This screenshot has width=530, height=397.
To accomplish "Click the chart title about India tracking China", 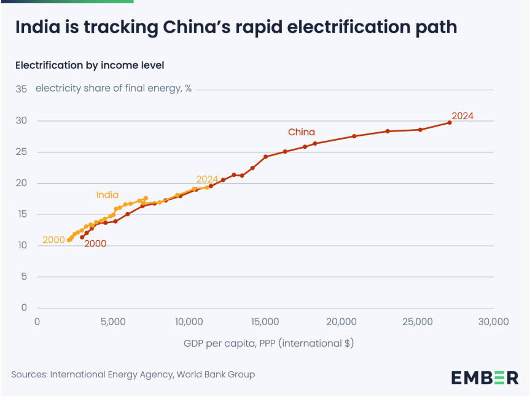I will pos(236,28).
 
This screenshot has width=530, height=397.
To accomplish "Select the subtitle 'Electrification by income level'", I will pos(90,65).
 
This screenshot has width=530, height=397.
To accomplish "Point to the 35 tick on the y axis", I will pos(21,89).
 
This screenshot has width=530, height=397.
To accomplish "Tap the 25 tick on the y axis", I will pos(21,152).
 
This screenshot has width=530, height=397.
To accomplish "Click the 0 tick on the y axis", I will pos(24,308).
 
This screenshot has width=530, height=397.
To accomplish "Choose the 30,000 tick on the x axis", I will pos(493,322).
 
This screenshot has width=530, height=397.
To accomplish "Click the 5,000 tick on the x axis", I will pos(113,322).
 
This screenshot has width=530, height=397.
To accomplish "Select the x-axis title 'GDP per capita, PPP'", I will pos(268,343).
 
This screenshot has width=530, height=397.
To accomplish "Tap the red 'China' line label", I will pos(302,132).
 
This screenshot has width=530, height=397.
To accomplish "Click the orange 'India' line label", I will pos(107,195).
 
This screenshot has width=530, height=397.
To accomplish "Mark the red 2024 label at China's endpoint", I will pos(462,116).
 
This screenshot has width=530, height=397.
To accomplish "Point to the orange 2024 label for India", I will pos(208,179).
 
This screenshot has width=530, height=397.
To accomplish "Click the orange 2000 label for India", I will pos(54,240).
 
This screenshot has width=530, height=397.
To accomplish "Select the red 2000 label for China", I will pos(95,244).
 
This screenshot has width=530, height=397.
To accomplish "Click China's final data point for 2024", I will pos(450,123).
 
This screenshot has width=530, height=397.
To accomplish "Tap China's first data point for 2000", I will pos(82,237).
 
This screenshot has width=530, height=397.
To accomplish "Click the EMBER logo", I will pos(485,377).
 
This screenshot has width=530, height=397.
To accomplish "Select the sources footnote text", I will pos(133,374).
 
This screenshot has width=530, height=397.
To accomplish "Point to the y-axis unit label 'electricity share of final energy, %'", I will pos(114,88).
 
